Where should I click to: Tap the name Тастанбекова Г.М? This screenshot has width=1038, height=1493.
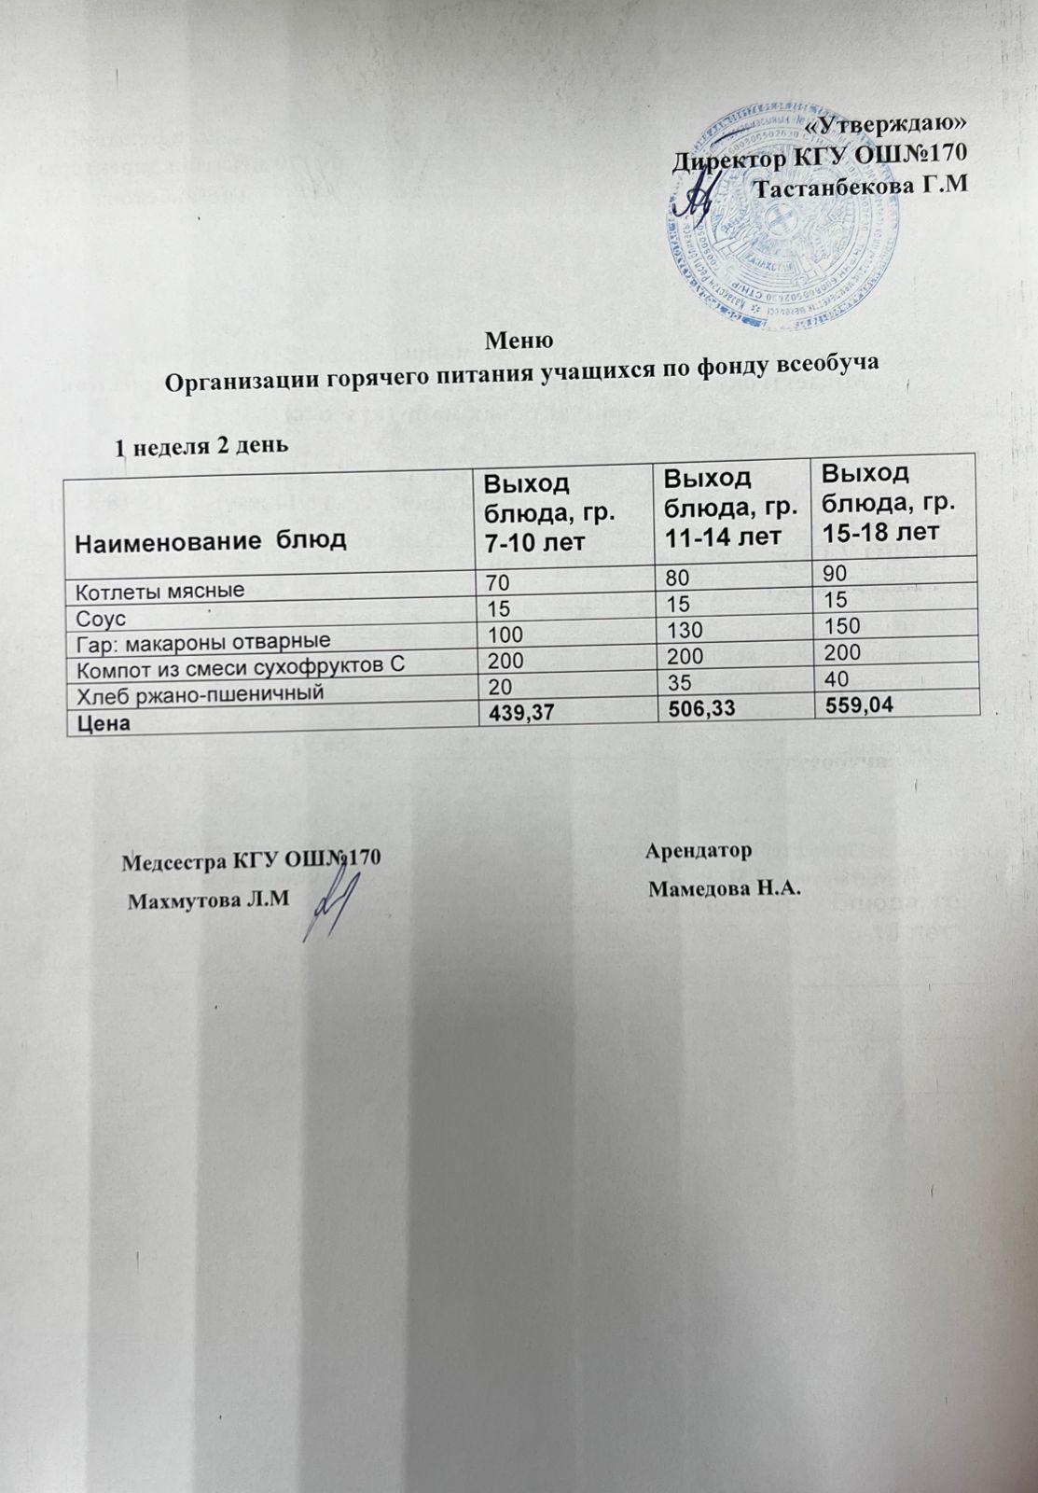click(859, 188)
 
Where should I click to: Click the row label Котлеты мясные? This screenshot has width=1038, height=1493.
click(159, 591)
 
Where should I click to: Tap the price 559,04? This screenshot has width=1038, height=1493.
click(854, 706)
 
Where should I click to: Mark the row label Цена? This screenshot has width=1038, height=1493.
click(103, 722)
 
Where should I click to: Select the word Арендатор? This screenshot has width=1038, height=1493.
click(699, 851)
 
